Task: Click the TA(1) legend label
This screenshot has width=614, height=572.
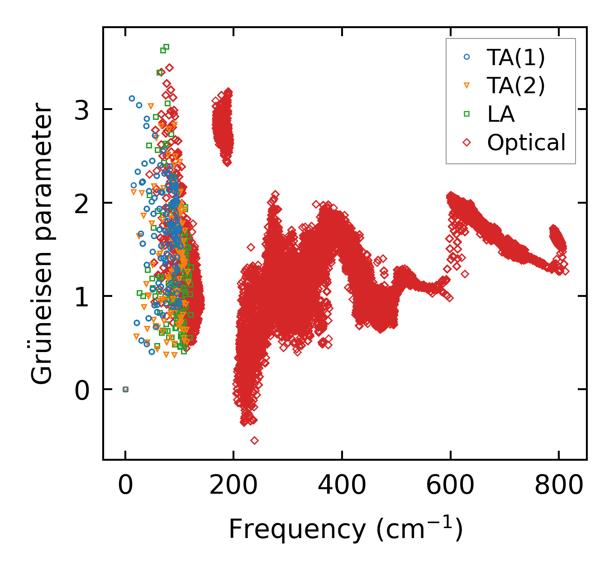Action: click(516, 57)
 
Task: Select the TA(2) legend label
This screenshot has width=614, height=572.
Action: click(516, 85)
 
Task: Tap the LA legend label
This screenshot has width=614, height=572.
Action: click(501, 114)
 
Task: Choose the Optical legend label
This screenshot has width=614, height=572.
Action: click(526, 143)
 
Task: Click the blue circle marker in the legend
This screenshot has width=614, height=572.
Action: click(467, 57)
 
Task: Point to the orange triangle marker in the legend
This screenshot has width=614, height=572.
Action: click(467, 85)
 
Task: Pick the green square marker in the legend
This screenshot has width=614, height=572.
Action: click(467, 114)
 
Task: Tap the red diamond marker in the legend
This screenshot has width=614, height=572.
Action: click(467, 143)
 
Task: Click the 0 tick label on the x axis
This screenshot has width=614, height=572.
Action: click(125, 486)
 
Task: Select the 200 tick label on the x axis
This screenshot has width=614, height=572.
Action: click(233, 486)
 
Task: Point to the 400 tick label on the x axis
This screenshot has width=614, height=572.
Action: click(342, 486)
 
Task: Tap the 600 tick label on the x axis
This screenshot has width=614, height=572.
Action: click(450, 486)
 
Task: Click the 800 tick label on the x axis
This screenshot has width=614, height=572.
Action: click(558, 486)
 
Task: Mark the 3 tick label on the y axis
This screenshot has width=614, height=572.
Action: click(82, 110)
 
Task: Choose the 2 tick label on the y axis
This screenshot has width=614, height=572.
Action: click(82, 203)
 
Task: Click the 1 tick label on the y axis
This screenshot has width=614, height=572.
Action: click(82, 296)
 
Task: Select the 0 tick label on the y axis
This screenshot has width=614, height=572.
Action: click(82, 390)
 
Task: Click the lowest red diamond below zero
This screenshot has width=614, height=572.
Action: click(254, 440)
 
